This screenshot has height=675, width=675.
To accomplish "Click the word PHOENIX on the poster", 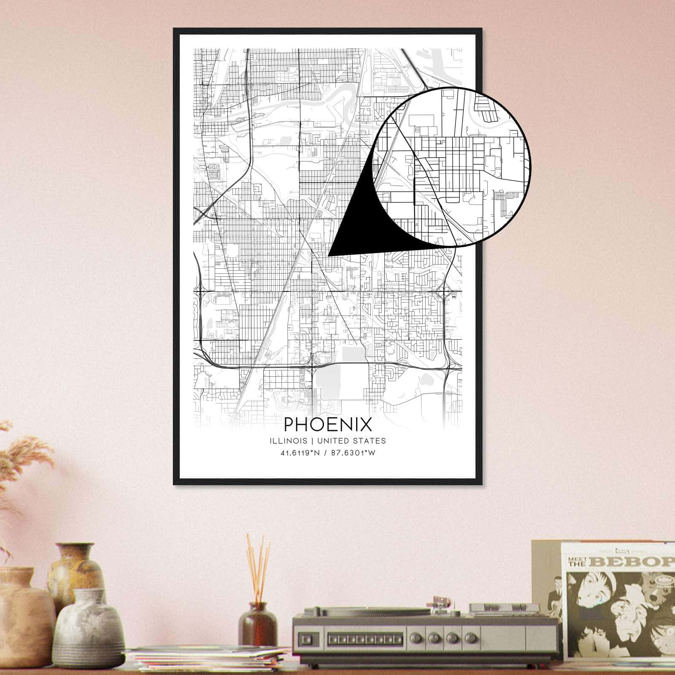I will tap(328, 424).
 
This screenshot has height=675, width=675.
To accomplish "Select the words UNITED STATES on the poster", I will tap(351, 441).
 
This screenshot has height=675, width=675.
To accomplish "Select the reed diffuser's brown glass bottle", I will tap(257, 624).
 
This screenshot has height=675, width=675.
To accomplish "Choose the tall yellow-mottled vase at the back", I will tap(75, 570).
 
